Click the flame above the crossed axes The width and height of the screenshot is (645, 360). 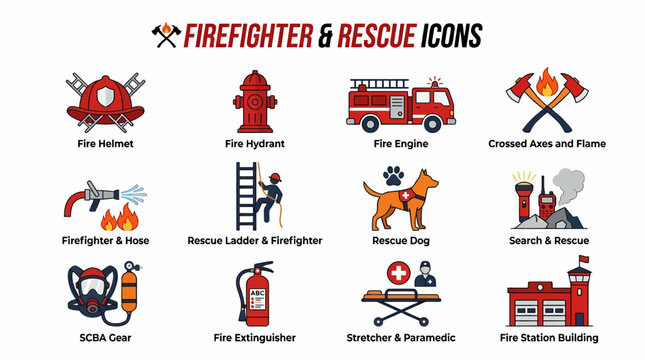click(x=546, y=81)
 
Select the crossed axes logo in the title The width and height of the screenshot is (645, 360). click(x=164, y=36)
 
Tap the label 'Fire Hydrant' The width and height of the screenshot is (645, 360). click(x=254, y=143)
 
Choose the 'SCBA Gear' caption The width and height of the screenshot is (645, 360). click(x=104, y=338)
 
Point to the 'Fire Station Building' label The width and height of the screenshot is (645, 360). click(x=546, y=338)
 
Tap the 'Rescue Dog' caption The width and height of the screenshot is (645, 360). click(x=399, y=240)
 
